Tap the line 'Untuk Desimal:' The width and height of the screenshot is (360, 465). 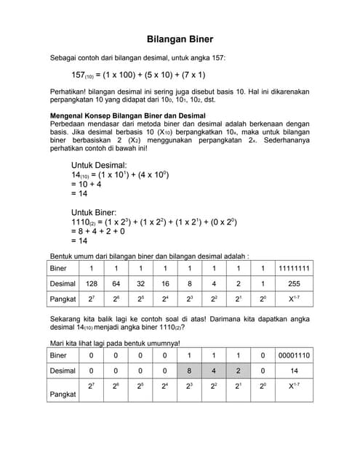click(x=99, y=166)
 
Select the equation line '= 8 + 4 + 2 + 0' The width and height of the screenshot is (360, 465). click(x=97, y=231)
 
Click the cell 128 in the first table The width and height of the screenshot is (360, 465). click(x=92, y=284)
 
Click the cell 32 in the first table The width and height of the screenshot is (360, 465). click(x=141, y=284)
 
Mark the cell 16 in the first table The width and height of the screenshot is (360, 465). click(x=165, y=284)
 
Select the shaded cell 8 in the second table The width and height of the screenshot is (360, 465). click(x=189, y=371)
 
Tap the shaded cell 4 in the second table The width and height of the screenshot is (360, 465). click(x=214, y=371)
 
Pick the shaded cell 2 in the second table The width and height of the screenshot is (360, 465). click(x=238, y=371)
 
